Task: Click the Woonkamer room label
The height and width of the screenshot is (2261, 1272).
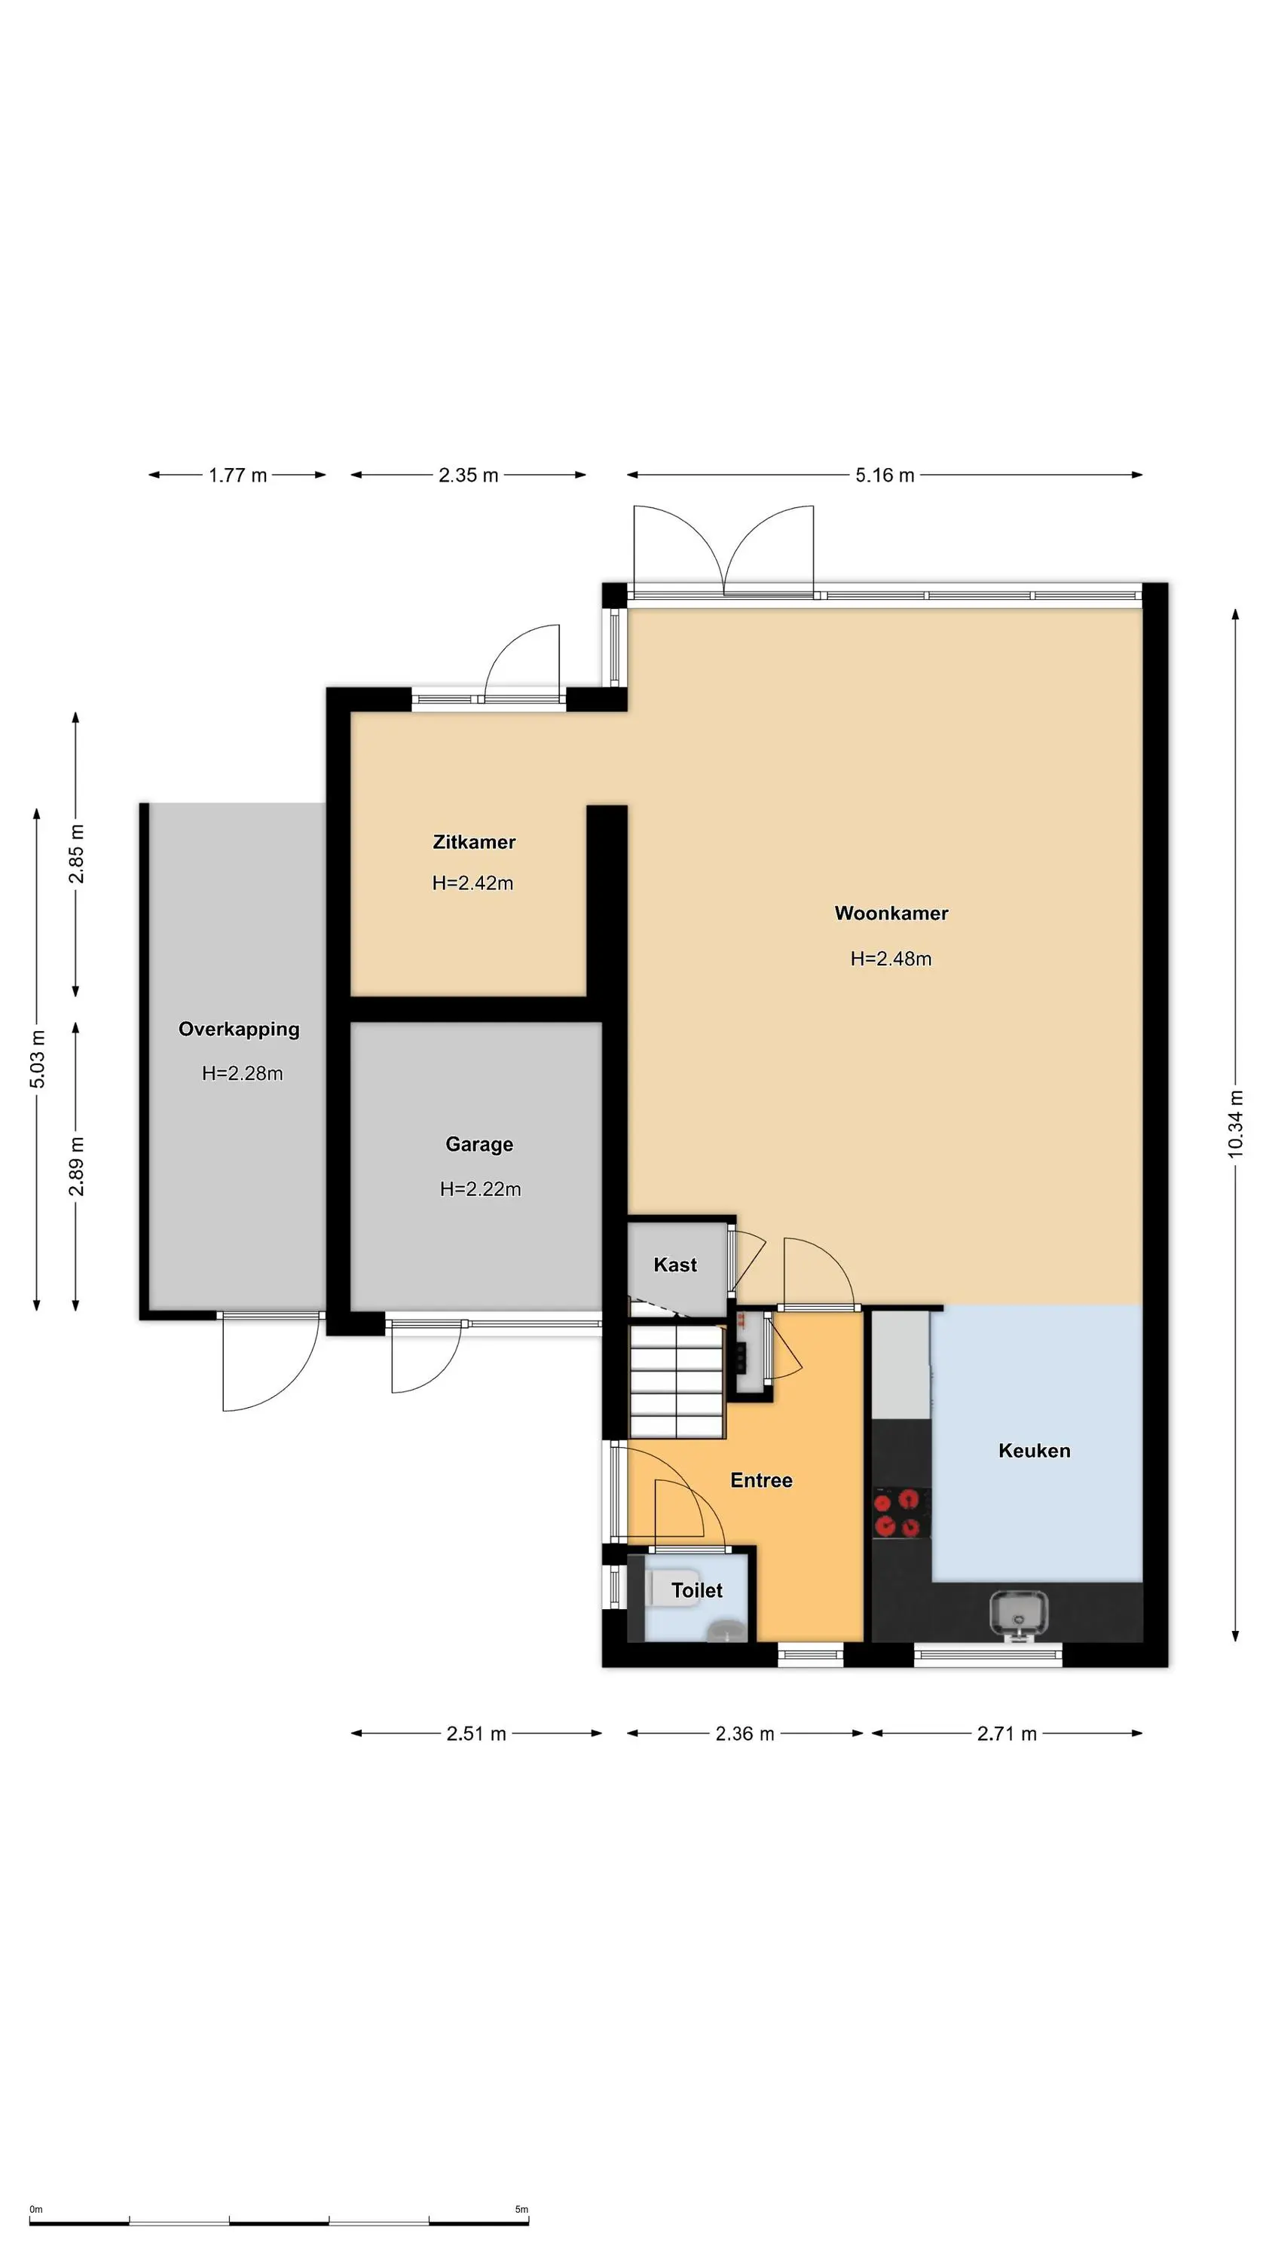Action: pyautogui.click(x=891, y=913)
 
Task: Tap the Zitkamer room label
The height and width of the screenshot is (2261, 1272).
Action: pyautogui.click(x=474, y=842)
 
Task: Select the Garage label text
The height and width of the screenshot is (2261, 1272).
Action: pyautogui.click(x=479, y=1145)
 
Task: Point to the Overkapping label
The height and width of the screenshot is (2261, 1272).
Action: pyautogui.click(x=239, y=1030)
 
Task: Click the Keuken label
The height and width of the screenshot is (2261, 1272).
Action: pyautogui.click(x=1034, y=1451)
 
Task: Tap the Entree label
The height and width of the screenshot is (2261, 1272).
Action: pyautogui.click(x=761, y=1481)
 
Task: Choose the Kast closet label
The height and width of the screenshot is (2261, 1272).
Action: pyautogui.click(x=675, y=1265)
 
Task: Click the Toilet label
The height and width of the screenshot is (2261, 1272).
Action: pyautogui.click(x=697, y=1590)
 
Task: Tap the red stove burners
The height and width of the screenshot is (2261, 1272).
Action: pyautogui.click(x=901, y=1513)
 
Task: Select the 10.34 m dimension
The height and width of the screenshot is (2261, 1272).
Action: pyautogui.click(x=1236, y=1124)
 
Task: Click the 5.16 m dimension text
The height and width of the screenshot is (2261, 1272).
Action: pyautogui.click(x=885, y=475)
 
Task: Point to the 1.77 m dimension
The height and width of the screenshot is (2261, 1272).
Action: pyautogui.click(x=238, y=475)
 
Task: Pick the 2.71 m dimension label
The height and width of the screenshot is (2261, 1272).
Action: pyautogui.click(x=1007, y=1733)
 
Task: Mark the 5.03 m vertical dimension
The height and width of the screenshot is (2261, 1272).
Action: pyautogui.click(x=37, y=1059)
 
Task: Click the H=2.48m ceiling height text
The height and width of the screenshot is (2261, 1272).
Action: pyautogui.click(x=891, y=959)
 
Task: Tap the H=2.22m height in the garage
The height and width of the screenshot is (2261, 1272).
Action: pyautogui.click(x=480, y=1189)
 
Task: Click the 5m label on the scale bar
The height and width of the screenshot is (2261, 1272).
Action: pyautogui.click(x=521, y=2209)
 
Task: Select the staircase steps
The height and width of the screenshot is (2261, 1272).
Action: pyautogui.click(x=677, y=1381)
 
